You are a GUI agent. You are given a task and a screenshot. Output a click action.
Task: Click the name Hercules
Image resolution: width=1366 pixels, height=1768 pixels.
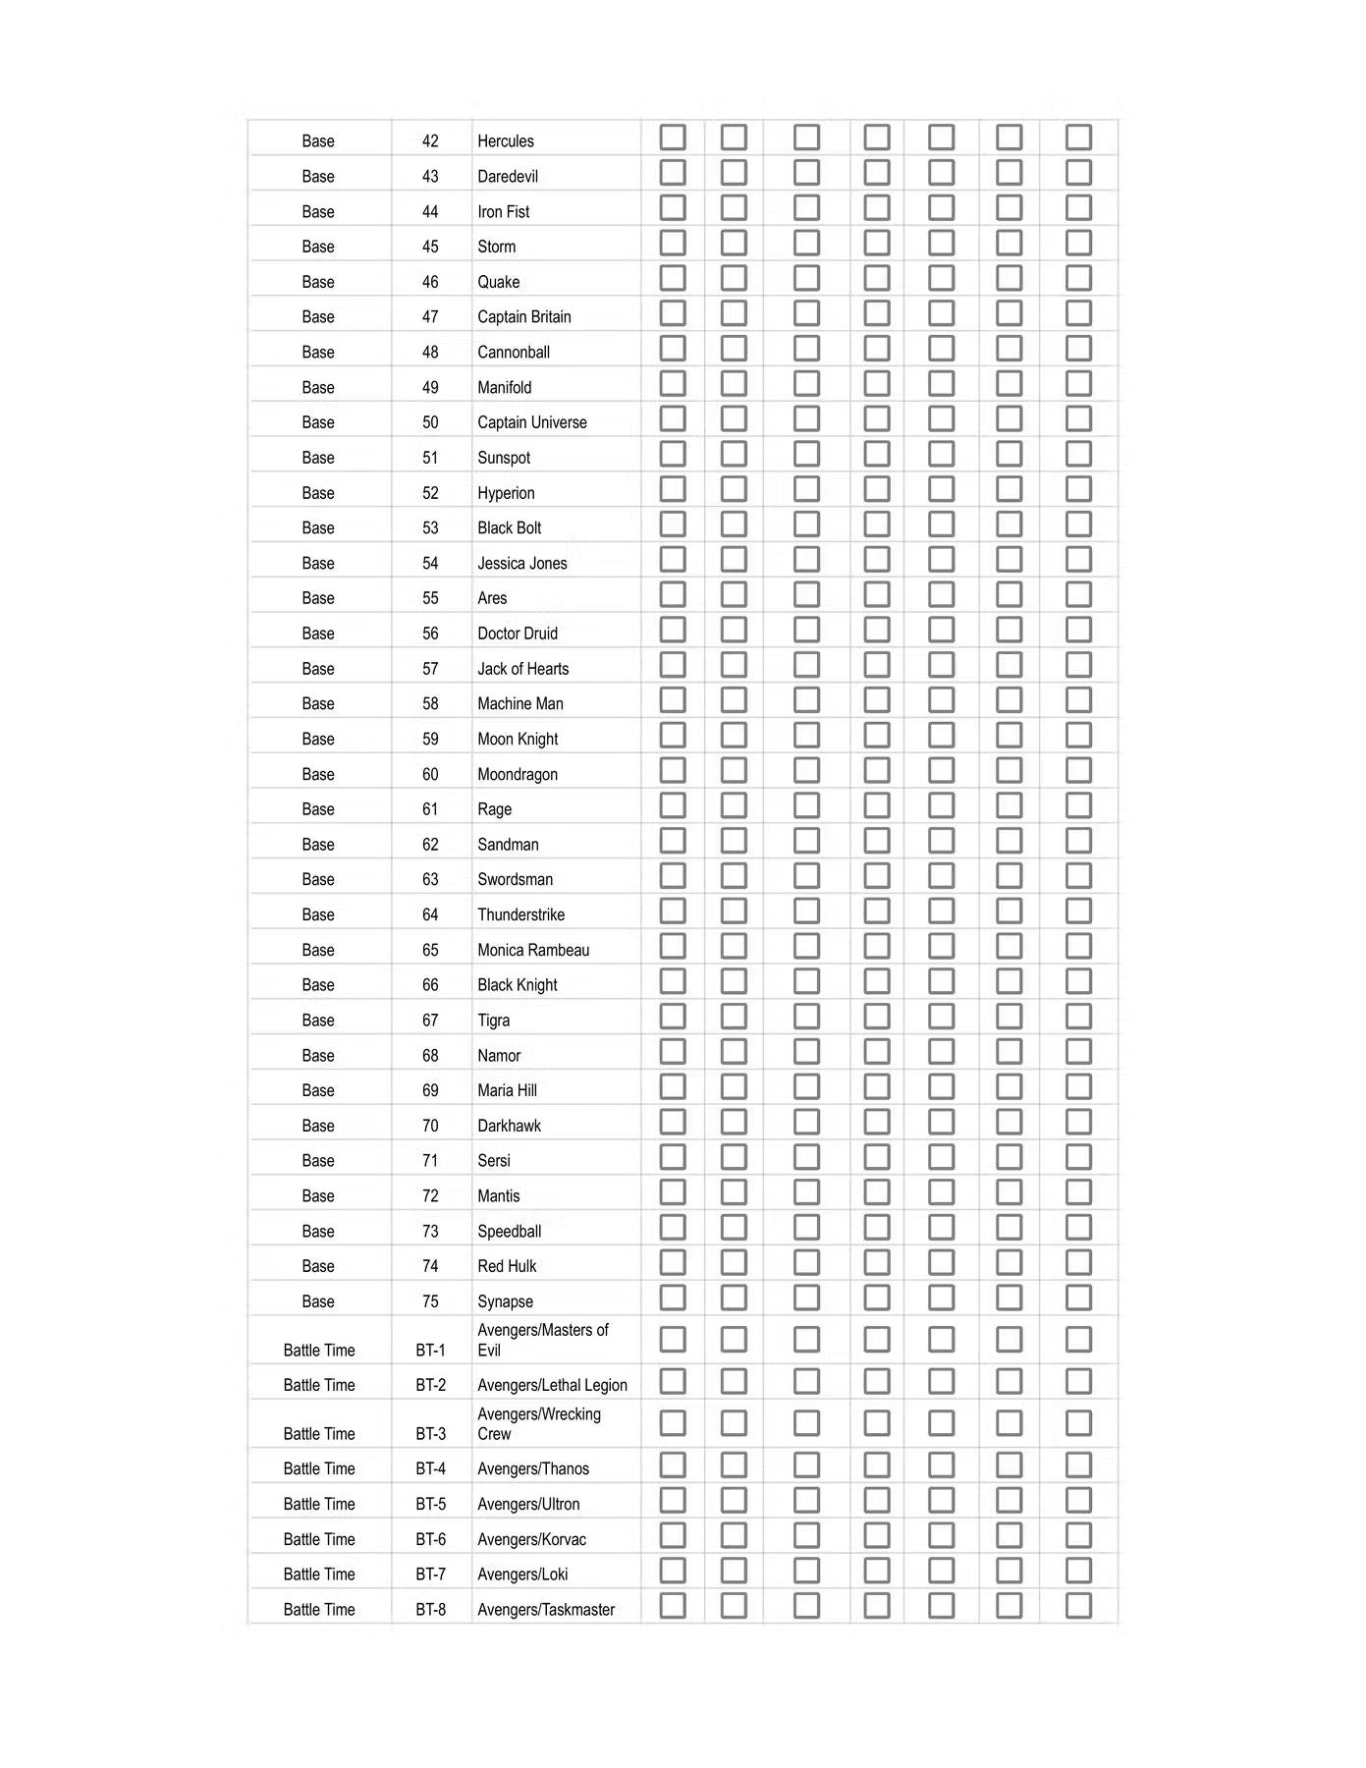[x=506, y=141]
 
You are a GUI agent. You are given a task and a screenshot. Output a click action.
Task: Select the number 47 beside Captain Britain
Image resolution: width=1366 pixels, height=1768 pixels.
[x=430, y=317]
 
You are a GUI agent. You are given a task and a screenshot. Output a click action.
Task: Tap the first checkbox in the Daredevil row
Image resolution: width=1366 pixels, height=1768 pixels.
[x=673, y=173]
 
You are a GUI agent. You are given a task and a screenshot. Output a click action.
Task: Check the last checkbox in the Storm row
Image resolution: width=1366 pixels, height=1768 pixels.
[x=1078, y=244]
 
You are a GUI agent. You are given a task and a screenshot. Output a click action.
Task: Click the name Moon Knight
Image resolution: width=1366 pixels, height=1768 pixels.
[x=518, y=740]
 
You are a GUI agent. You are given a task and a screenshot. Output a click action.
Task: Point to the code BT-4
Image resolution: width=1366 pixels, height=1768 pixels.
[x=430, y=1469]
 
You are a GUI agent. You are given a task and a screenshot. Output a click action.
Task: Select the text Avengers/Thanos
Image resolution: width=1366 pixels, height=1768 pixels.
[x=533, y=1469]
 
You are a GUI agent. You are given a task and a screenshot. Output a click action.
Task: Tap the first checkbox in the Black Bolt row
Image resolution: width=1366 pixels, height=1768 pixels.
[x=673, y=525]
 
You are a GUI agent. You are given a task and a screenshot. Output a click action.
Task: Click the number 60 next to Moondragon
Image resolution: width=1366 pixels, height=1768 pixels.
[x=430, y=775]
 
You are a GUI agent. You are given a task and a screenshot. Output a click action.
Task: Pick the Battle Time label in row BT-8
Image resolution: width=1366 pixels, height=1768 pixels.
[x=319, y=1610]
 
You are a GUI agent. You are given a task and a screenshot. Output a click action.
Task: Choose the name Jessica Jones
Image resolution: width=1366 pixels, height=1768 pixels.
[x=522, y=564]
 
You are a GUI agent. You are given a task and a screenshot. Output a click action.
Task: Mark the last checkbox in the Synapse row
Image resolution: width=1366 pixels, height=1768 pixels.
[x=1078, y=1298]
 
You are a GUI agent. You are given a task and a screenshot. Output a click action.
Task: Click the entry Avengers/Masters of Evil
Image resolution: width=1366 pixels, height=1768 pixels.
[x=542, y=1340]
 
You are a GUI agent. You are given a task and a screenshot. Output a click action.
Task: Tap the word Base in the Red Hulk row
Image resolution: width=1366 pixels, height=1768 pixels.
[x=318, y=1267]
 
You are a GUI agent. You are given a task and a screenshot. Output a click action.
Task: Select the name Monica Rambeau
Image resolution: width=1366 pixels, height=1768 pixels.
[x=533, y=951]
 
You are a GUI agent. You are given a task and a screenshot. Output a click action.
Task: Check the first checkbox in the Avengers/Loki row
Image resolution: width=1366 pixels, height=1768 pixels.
[x=673, y=1571]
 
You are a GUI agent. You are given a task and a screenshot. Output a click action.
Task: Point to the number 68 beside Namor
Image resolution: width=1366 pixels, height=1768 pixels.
[x=430, y=1056]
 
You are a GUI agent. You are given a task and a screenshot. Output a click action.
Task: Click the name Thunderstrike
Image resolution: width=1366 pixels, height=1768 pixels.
[x=520, y=915]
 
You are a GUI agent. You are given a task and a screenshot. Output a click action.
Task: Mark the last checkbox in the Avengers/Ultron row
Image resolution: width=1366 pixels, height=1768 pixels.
[x=1078, y=1501]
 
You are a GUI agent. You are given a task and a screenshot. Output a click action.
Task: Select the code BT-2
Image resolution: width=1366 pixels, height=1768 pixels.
[x=430, y=1386]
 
